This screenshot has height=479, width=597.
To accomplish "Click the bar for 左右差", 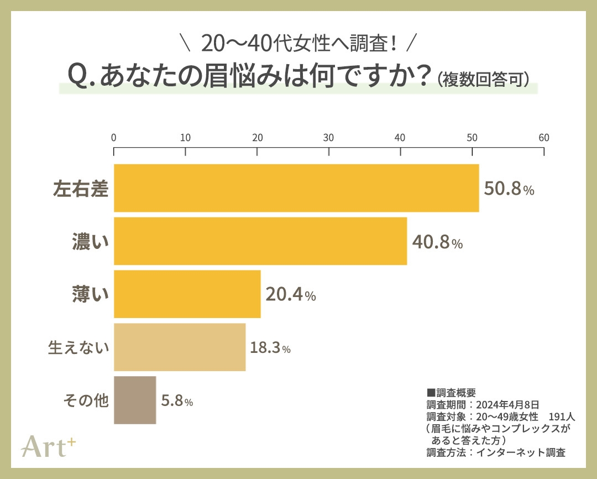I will tap(296, 188).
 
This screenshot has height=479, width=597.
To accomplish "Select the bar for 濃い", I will tap(260, 241).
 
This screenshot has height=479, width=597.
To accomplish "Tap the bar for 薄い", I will tap(187, 294).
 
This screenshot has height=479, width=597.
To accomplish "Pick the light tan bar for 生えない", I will tap(180, 347).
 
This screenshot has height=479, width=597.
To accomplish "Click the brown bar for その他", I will tap(135, 400).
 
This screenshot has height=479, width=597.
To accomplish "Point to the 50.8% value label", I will tap(509, 189).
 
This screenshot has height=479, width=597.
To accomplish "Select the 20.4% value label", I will tap(291, 295).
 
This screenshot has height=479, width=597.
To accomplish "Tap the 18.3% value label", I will tap(270, 348).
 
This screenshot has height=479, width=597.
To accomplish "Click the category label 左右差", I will tap(80, 189).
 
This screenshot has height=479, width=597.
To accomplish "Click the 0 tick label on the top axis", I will tap(114, 138).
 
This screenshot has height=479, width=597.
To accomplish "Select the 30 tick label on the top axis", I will tap(329, 138).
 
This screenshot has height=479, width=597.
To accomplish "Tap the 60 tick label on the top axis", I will tap(544, 138).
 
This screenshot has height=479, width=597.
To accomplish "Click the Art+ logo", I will tap(48, 446).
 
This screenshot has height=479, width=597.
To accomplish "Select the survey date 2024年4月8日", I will tap(507, 404).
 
